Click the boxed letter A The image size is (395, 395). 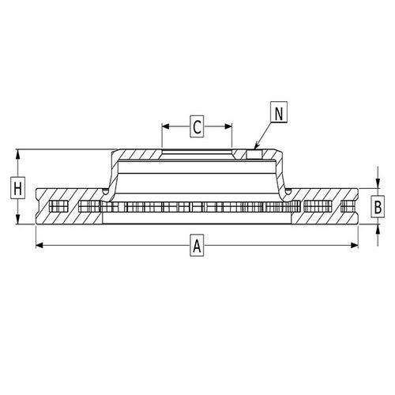(197, 246)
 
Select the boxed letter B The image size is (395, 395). (378, 207)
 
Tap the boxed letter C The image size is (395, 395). (197, 125)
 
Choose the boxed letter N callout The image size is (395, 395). (278, 112)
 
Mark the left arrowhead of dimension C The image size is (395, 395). (165, 125)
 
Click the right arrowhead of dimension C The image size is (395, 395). (230, 125)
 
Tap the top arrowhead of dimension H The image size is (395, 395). (17, 152)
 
